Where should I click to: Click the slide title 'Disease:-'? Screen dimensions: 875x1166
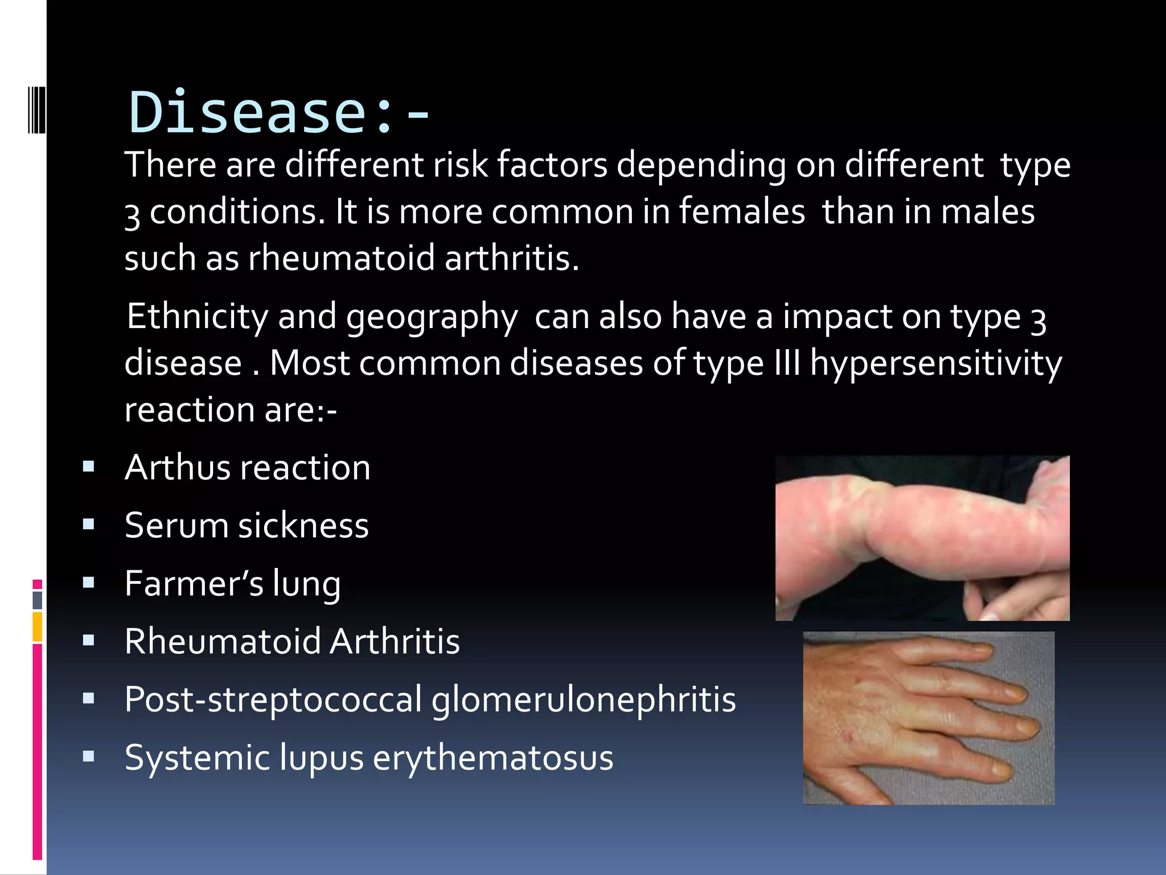click(x=279, y=112)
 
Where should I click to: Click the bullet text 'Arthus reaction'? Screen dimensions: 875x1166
click(x=247, y=468)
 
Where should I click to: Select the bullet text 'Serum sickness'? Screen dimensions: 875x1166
click(x=247, y=525)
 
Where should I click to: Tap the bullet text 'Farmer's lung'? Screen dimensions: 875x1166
click(x=232, y=583)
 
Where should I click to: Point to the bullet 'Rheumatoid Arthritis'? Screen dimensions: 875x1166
click(x=291, y=641)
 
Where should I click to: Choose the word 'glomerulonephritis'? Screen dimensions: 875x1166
click(x=584, y=700)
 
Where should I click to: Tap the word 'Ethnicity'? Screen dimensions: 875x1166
click(x=197, y=316)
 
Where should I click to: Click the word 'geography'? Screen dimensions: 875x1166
click(x=432, y=317)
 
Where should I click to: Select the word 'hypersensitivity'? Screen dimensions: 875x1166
click(x=935, y=363)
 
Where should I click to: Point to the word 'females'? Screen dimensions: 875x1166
click(x=742, y=211)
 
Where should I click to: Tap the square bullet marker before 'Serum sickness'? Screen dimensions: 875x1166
click(x=88, y=524)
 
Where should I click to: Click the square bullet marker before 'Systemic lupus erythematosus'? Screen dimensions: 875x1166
click(x=88, y=757)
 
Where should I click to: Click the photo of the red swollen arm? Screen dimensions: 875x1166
click(x=922, y=538)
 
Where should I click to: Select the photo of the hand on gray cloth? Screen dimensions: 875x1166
click(x=928, y=718)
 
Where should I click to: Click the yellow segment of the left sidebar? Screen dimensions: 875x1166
click(x=38, y=627)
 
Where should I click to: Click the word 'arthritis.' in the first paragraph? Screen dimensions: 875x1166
click(x=511, y=258)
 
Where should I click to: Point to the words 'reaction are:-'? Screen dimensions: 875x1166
click(x=231, y=410)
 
